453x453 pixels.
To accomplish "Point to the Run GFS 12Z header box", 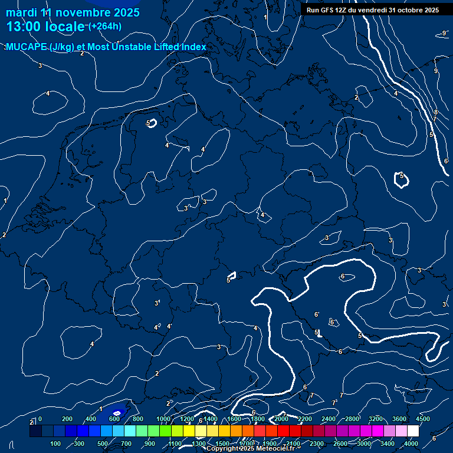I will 372,10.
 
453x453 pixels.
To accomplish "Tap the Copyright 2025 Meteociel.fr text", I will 250,448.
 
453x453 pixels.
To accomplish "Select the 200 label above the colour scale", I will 67,419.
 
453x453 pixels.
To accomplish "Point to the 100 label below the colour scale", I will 55,444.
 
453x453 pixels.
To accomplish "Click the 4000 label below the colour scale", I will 411,444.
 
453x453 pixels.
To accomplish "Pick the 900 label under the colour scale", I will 150,444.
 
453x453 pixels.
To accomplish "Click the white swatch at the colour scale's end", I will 413,431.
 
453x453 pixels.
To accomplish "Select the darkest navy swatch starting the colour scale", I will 35,431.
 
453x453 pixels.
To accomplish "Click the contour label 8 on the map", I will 436,112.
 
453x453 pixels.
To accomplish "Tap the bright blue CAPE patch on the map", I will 117,413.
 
